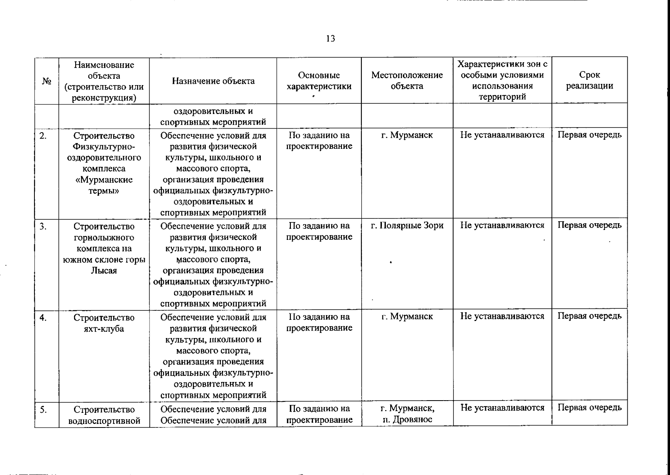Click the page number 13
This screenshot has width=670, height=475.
coord(331,38)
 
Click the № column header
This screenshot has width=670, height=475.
coord(47,81)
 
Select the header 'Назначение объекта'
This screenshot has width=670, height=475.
coord(213,81)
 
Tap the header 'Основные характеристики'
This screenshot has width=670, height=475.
coord(319,81)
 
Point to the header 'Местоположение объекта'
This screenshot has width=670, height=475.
coord(407,81)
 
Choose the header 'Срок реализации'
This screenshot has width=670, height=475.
coord(589,80)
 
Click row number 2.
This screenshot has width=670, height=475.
coord(43,136)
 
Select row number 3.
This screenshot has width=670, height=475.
coord(43,226)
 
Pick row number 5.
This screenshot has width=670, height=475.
coord(43,409)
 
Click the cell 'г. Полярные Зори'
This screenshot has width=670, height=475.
coord(407,226)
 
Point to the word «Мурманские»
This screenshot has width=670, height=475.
coord(104,180)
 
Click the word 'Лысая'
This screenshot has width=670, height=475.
coord(104,271)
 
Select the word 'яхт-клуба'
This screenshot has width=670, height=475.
coord(104,329)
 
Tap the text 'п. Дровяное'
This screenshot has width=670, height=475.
coord(407,420)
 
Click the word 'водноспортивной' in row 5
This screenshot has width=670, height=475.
coord(104,420)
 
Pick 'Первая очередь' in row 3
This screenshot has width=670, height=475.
coord(589,225)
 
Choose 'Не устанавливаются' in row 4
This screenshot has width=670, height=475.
coord(502,316)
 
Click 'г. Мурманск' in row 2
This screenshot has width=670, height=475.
coord(407,135)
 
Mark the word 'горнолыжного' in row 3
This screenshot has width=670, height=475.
coord(104,237)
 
